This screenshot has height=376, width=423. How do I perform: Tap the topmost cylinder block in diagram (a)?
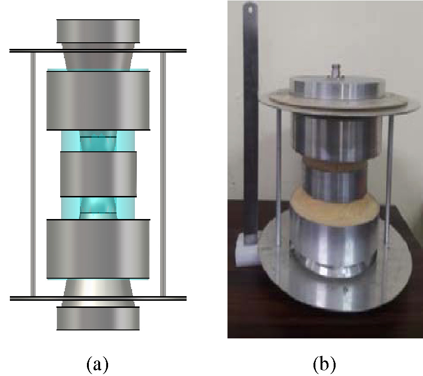[x=98, y=31]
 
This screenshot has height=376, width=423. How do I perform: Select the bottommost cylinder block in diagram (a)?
[x=98, y=318]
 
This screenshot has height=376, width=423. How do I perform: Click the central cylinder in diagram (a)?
[x=98, y=174]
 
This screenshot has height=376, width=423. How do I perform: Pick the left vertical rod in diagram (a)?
[x=33, y=174]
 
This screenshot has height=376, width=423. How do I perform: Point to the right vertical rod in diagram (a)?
[x=163, y=174]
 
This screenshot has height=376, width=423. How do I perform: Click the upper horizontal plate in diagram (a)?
[x=98, y=50]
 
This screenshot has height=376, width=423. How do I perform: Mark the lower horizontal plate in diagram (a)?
[x=98, y=298]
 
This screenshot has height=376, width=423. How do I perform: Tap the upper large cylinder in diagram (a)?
[x=98, y=100]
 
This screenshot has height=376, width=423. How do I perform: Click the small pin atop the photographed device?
[x=337, y=71]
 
